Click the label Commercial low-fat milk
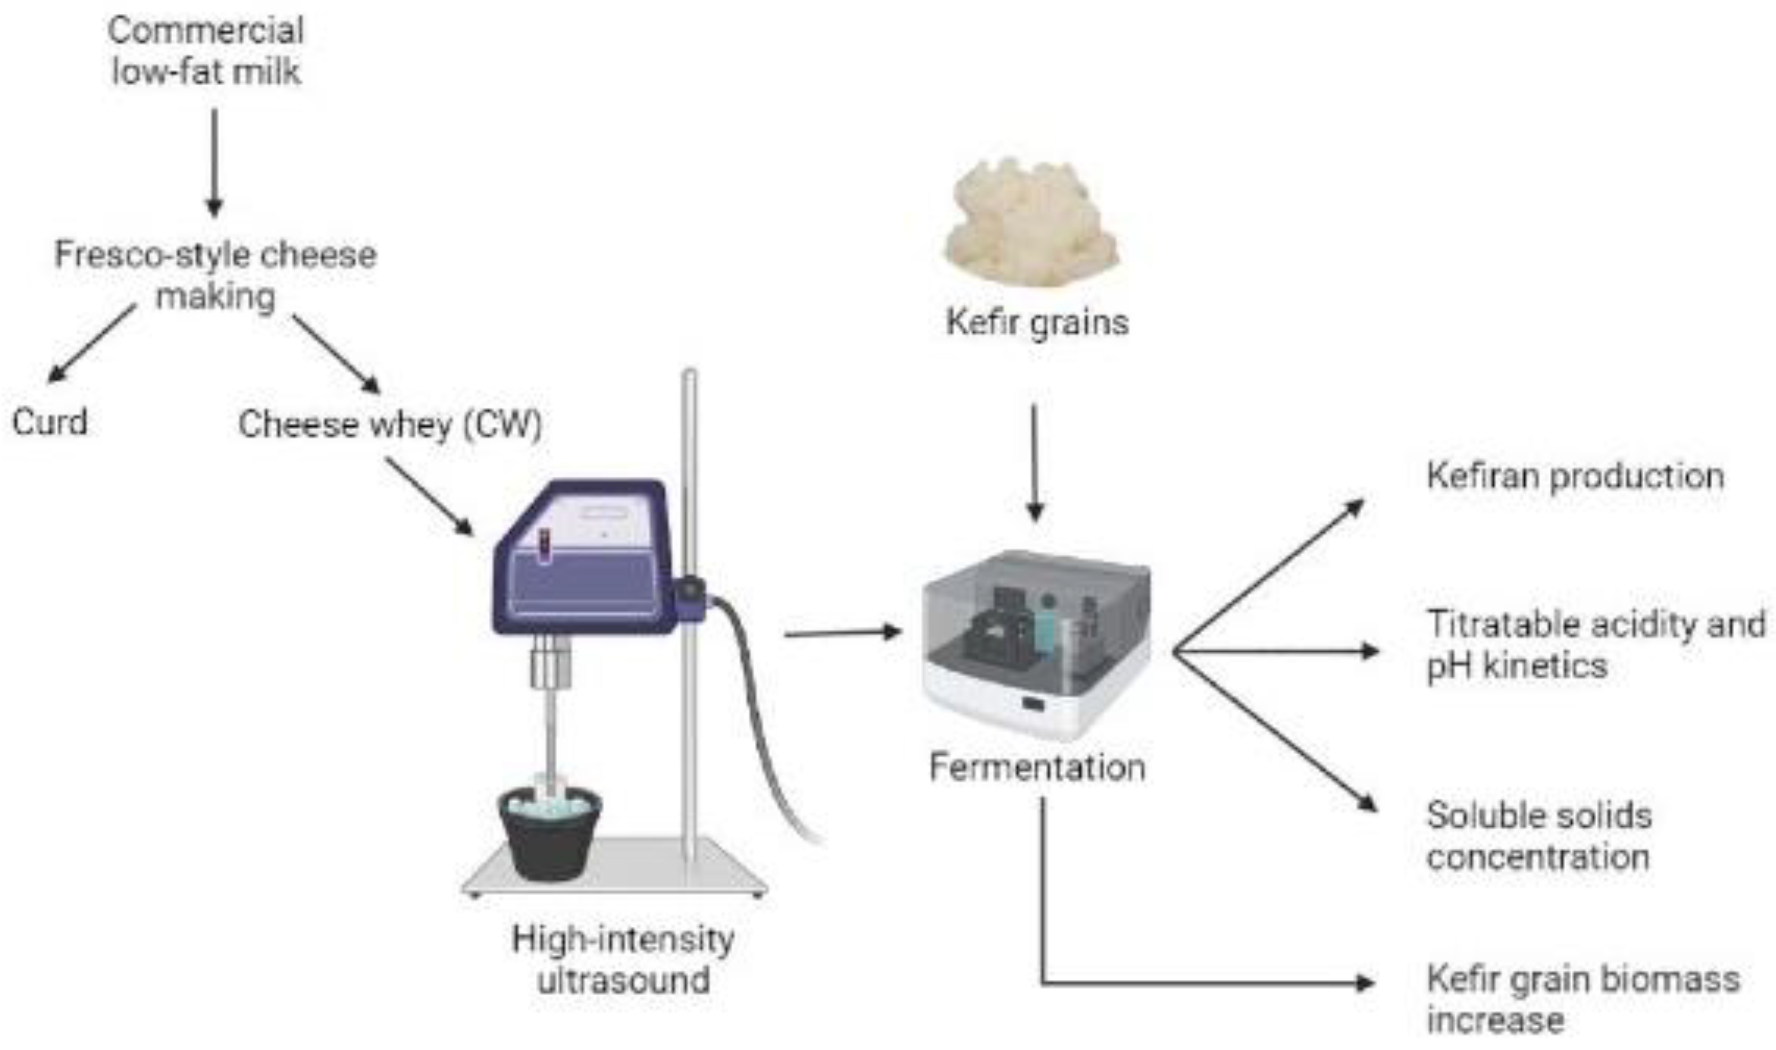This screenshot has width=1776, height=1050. [x=206, y=51]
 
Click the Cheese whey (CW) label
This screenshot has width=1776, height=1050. [x=390, y=424]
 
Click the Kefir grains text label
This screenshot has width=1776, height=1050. [x=1037, y=322]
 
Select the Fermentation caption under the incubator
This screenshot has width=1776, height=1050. [x=1037, y=767]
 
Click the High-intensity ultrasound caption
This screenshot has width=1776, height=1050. [x=623, y=960]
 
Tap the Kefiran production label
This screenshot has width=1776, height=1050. [x=1575, y=475]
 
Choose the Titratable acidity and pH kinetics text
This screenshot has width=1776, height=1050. [x=1592, y=645]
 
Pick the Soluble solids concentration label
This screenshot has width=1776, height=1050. [x=1539, y=835]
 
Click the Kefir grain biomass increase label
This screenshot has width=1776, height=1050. [x=1581, y=998]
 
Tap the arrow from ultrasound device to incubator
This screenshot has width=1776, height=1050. [x=842, y=633]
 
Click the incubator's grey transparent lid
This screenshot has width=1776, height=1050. [x=1037, y=609]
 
